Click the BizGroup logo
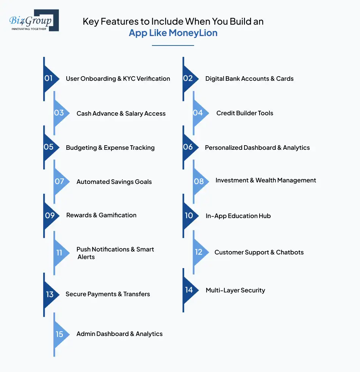(x=33, y=20)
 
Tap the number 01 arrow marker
(x=49, y=78)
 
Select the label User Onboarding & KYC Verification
(x=118, y=78)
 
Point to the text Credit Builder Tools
(x=244, y=113)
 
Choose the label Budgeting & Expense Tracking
(x=110, y=148)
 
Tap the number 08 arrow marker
(x=199, y=181)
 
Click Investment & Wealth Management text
(x=266, y=181)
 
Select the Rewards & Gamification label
(x=101, y=215)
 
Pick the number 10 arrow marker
(x=189, y=215)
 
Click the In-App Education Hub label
(x=238, y=216)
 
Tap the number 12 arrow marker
(x=199, y=252)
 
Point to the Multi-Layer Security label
(x=235, y=290)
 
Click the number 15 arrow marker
(x=60, y=334)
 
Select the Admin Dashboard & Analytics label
(x=119, y=334)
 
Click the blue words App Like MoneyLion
(x=173, y=33)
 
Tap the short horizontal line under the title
(x=173, y=46)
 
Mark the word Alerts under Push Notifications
(x=86, y=257)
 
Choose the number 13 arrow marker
(x=50, y=294)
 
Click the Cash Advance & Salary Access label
(x=121, y=113)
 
